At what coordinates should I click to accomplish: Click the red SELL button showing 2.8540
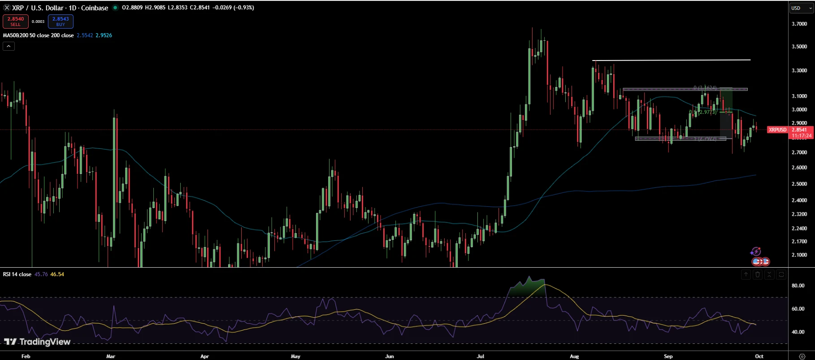coord(16,21)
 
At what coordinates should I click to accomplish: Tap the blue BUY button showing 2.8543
coord(61,21)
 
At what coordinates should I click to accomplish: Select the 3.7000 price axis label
coord(799,24)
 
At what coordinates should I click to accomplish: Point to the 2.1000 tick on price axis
coord(799,255)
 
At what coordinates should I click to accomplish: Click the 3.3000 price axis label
coord(799,70)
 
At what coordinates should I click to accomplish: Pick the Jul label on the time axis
coord(481,356)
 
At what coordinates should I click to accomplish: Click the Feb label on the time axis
coord(26,356)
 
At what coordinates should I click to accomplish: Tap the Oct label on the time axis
coord(759,356)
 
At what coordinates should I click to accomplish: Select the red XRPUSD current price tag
coord(777,130)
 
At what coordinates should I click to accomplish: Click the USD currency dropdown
coord(801,8)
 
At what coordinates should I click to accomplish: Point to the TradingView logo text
coord(38,342)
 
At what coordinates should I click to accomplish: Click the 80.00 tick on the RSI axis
coord(798,286)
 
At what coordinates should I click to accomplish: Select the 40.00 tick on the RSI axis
coord(798,332)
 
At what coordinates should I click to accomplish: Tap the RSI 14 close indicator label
coord(17,274)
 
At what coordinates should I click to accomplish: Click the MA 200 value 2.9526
coord(104,35)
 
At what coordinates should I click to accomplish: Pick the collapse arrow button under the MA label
coord(9,46)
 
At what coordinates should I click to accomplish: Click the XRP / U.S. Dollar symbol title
coord(60,8)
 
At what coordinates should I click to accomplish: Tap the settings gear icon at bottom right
coord(802,356)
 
